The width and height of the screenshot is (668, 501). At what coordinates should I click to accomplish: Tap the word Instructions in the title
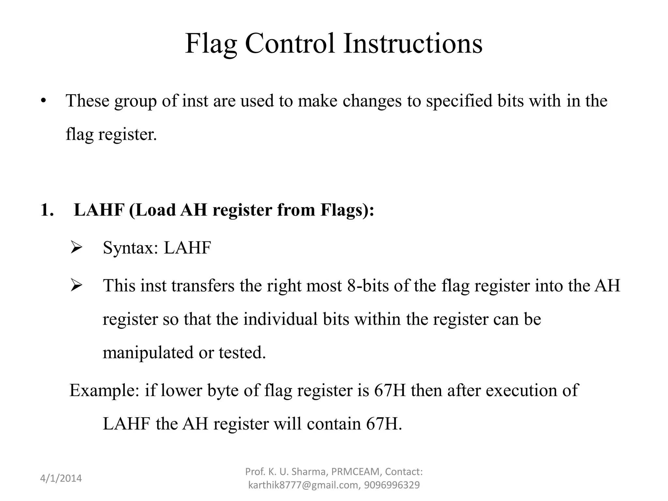pos(413,44)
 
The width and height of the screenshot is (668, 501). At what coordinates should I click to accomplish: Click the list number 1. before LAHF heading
pos(47,210)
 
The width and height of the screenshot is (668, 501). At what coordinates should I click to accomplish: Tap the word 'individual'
pos(281,319)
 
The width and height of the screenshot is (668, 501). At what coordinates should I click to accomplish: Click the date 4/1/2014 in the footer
pos(61,478)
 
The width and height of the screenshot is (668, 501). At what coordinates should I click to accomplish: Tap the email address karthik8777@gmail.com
pos(303,485)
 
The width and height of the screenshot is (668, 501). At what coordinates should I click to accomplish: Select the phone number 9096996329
pos(392,485)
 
